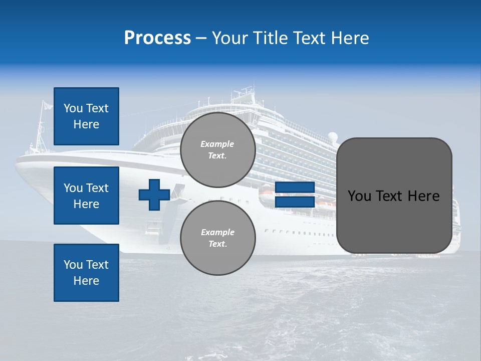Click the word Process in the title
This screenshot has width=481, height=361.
click(157, 38)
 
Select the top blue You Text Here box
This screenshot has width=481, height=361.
click(86, 116)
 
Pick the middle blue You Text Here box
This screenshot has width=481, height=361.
click(86, 196)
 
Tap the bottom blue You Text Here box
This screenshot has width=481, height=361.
click(86, 272)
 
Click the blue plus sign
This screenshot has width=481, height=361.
click(154, 195)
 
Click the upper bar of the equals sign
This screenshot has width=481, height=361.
click(295, 187)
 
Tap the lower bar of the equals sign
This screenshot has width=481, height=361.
click(295, 202)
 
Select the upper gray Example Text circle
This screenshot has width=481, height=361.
click(217, 150)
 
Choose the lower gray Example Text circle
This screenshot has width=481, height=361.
click(217, 238)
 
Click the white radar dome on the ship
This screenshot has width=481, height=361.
click(333, 136)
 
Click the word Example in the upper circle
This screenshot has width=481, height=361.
click(217, 144)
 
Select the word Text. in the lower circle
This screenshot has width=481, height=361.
click(217, 244)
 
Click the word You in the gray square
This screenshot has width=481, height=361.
click(359, 196)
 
